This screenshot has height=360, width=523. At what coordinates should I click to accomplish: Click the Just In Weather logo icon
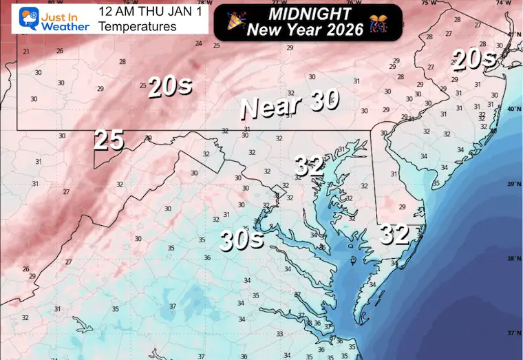[x=12, y=19]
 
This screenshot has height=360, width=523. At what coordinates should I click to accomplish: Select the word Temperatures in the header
[x=138, y=27]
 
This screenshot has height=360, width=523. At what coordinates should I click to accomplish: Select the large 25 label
[x=109, y=140]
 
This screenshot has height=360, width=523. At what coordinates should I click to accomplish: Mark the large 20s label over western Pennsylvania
[x=169, y=87]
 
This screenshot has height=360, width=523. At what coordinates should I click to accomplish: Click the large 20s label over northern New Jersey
[x=474, y=61]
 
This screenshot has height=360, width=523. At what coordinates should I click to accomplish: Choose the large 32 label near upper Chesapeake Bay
[x=310, y=165]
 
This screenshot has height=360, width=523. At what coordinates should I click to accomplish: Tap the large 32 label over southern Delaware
[x=395, y=235]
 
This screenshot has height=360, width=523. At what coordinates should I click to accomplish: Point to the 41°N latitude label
[x=513, y=34]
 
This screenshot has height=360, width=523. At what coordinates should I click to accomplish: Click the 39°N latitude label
[x=513, y=184]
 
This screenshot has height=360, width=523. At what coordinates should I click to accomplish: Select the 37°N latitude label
[x=513, y=333]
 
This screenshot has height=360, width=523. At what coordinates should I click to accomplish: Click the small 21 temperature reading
[x=26, y=52]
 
